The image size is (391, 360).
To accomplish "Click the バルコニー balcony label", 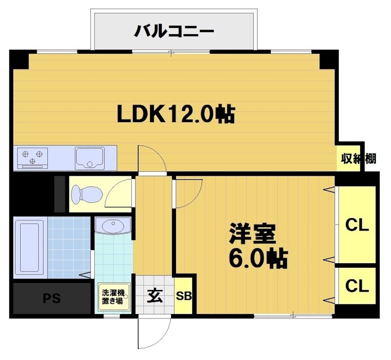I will [x=174, y=32].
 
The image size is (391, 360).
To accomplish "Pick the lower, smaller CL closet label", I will [x=357, y=286].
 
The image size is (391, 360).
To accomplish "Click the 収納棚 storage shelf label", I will [x=358, y=158].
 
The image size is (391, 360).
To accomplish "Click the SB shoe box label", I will [x=184, y=296].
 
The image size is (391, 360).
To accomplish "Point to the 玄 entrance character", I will [x=155, y=296].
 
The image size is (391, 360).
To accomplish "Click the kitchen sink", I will [x=90, y=157].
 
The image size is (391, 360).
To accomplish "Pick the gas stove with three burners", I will [x=33, y=157].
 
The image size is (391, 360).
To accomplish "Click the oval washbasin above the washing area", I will [x=113, y=227].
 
